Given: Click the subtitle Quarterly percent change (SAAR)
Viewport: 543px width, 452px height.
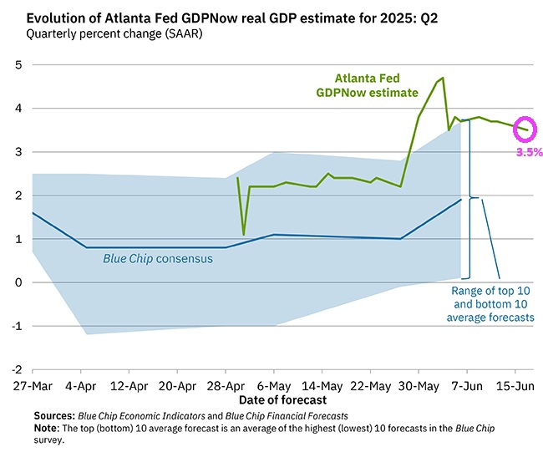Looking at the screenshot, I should click(x=109, y=33).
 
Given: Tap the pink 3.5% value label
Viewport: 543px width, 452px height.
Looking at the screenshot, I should click(x=529, y=152).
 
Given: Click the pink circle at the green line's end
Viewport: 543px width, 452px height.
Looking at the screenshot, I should click(x=526, y=129).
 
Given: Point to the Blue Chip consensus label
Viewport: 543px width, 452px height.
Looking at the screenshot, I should click(x=158, y=259).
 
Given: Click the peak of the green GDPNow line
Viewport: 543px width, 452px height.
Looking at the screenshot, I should click(x=443, y=78).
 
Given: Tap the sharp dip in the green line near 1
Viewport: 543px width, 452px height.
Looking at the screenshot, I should click(x=243, y=234).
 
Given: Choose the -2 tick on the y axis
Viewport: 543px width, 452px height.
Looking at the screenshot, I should click(x=16, y=369).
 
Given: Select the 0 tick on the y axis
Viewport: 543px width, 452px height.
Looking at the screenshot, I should click(x=18, y=282).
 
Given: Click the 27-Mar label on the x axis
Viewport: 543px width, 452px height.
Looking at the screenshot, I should click(x=32, y=388).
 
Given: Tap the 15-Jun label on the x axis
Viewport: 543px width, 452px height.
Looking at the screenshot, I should click(x=516, y=388).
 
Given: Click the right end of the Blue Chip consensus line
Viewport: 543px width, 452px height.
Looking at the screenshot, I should click(x=461, y=199).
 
